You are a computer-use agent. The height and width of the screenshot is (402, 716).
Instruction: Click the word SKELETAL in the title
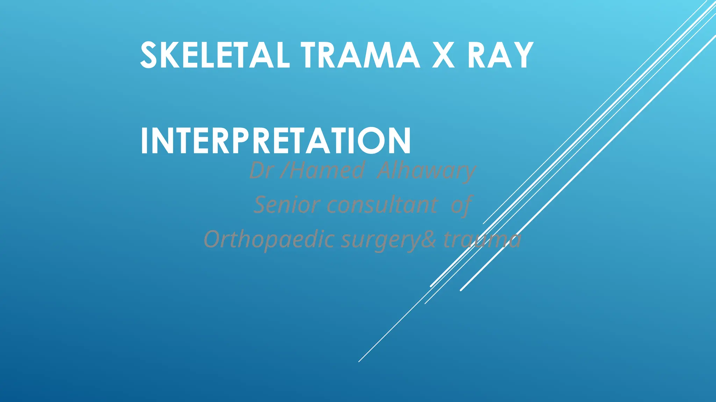coord(215,55)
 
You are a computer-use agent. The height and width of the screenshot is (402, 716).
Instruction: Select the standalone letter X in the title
coord(443,55)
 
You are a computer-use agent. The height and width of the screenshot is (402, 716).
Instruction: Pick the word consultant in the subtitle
coord(382,205)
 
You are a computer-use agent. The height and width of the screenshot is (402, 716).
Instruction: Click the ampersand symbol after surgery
coord(429,239)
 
